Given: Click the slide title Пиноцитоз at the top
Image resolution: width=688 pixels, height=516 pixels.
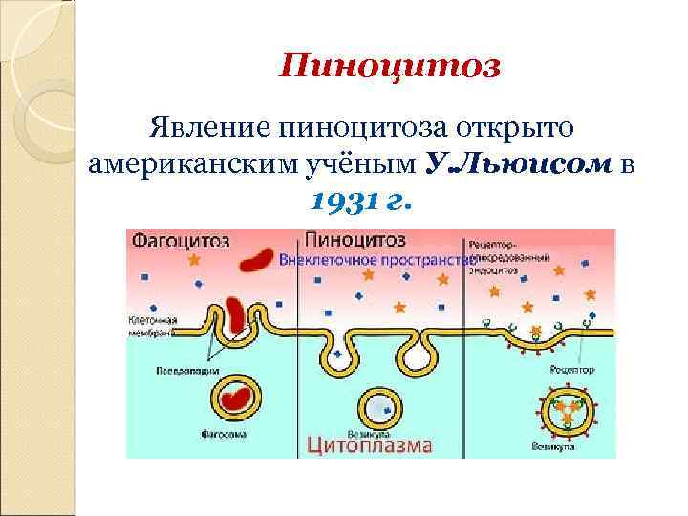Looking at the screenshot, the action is coord(390,67).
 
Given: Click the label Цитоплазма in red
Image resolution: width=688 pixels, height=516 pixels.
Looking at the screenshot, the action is coord(370,444).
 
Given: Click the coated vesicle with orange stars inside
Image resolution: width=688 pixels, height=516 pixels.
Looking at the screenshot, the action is coord(569,407).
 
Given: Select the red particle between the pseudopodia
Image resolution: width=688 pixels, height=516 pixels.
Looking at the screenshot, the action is coord(235,314).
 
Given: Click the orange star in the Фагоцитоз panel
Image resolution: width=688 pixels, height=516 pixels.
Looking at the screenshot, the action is coord(195,259).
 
